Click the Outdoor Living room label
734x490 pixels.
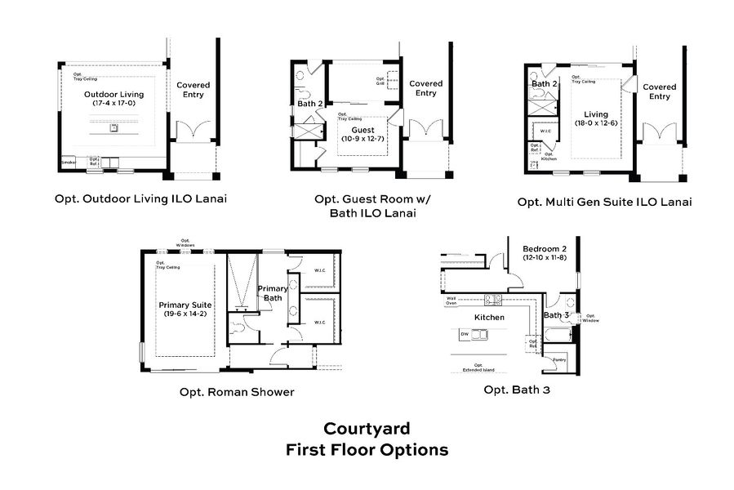pyautogui.click(x=113, y=95)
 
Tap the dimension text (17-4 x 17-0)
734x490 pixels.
pyautogui.click(x=113, y=104)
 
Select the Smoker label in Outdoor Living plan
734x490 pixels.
pyautogui.click(x=68, y=163)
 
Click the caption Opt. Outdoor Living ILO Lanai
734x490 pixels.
pyautogui.click(x=140, y=198)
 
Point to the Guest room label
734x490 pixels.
pyautogui.click(x=363, y=130)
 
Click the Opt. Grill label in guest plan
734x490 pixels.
pyautogui.click(x=380, y=82)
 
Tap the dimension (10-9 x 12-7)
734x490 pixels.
pyautogui.click(x=363, y=139)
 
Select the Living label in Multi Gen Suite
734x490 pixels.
pyautogui.click(x=596, y=114)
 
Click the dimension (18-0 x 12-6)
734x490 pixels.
pyautogui.click(x=596, y=123)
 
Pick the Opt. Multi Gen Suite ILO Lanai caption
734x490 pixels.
pyautogui.click(x=604, y=201)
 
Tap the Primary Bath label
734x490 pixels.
pyautogui.click(x=272, y=293)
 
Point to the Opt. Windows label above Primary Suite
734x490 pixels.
pyautogui.click(x=185, y=243)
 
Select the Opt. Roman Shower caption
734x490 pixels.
pyautogui.click(x=237, y=392)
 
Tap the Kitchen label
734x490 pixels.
pyautogui.click(x=490, y=317)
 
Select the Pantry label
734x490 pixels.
pyautogui.click(x=558, y=359)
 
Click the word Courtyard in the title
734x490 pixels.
pyautogui.click(x=367, y=429)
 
